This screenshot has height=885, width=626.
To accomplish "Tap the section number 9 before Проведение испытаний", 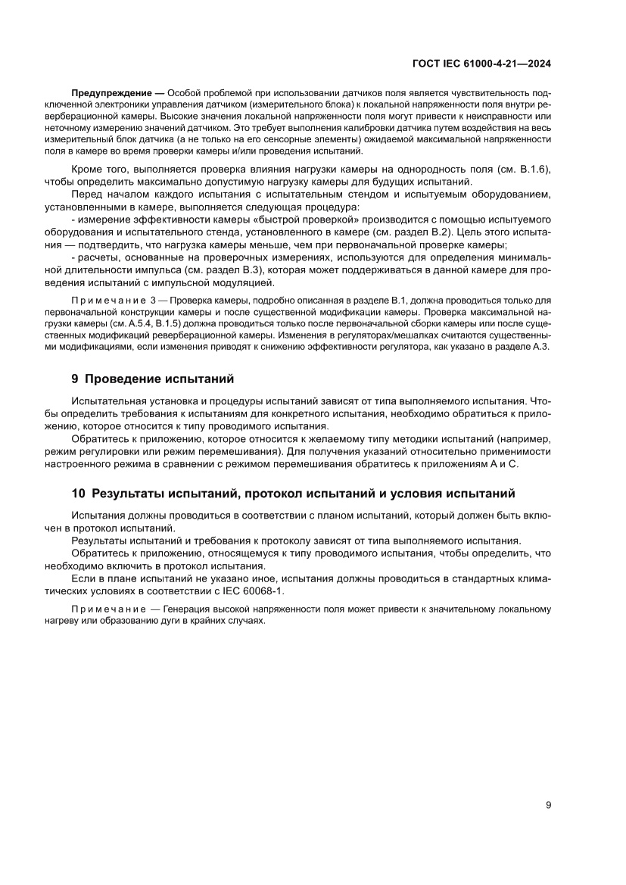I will tap(75, 379).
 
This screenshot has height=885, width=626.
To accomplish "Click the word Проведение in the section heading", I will tap(125, 379).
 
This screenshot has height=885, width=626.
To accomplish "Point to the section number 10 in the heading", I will tap(78, 494).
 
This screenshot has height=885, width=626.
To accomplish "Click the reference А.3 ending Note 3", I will tap(542, 346).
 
